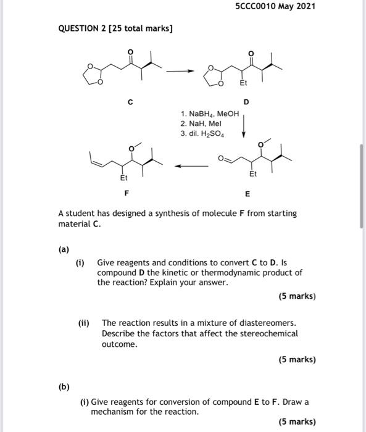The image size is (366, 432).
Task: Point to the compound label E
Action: click(x=247, y=194)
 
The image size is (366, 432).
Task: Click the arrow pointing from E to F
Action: click(x=189, y=166)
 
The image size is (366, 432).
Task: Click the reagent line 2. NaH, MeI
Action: click(x=202, y=124)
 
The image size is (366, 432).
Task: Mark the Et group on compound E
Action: click(x=252, y=175)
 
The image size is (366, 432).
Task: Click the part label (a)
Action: click(x=64, y=251)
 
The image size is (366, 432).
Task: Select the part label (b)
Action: click(x=64, y=387)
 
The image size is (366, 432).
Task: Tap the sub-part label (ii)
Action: click(x=84, y=323)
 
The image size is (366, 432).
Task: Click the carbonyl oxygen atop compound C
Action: click(x=130, y=51)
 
